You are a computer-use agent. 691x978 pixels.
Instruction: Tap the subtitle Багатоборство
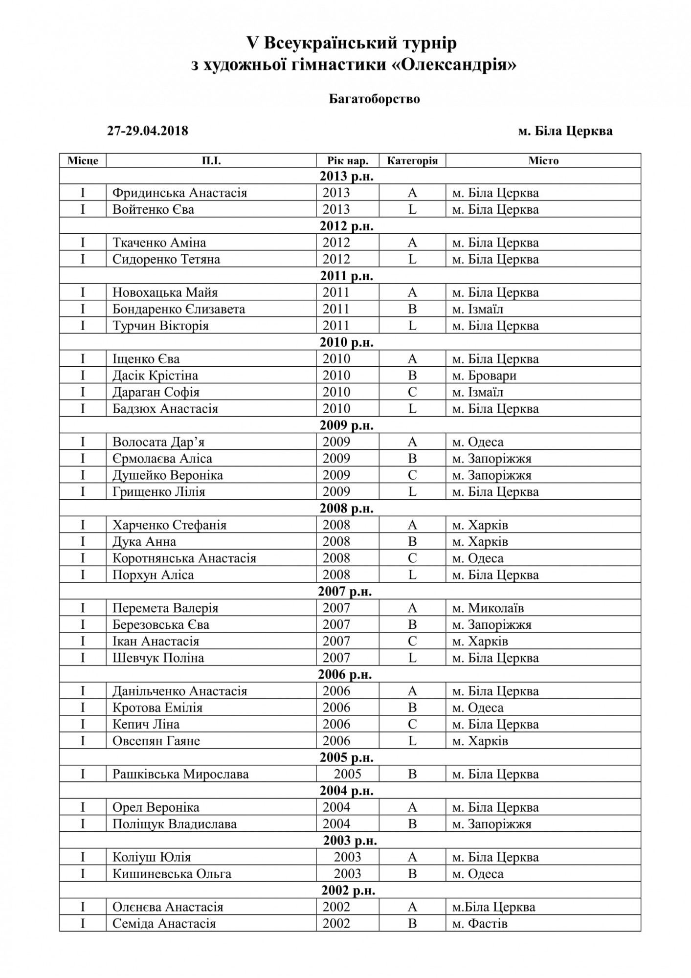tap(374, 99)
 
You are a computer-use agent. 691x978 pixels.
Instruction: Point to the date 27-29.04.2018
tap(148, 131)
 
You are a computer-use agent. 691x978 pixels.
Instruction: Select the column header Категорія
tap(412, 161)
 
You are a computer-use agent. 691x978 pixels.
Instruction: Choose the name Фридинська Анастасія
tap(179, 193)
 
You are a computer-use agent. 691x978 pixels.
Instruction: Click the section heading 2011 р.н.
tap(347, 276)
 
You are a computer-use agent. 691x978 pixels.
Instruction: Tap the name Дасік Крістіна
tap(155, 376)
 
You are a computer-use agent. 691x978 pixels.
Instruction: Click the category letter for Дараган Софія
tap(412, 392)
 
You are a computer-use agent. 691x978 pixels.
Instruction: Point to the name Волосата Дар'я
tap(158, 442)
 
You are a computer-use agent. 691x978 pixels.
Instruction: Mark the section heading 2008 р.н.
tap(347, 509)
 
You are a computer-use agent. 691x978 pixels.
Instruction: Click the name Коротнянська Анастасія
tap(184, 558)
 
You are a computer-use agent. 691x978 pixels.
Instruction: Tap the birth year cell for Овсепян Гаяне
tap(336, 741)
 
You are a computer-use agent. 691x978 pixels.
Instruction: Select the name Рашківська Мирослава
tap(180, 775)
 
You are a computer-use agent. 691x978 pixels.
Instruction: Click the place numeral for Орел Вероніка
tap(83, 808)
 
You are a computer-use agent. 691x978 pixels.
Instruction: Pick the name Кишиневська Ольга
tap(172, 874)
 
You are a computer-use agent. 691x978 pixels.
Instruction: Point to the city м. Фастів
tap(480, 924)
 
